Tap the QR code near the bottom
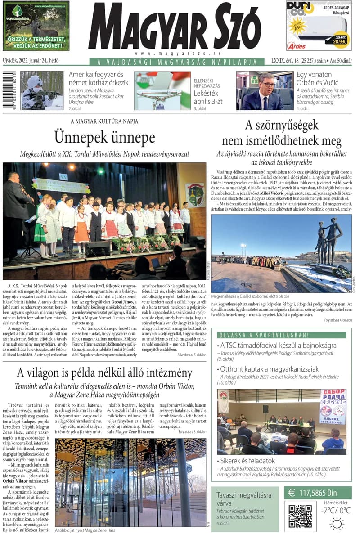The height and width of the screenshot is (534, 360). coord(300,516)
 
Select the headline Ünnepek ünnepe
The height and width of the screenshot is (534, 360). coord(104,137)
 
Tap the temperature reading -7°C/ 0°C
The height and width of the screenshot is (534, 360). coord(336,511)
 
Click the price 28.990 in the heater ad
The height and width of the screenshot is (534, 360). coord(339,40)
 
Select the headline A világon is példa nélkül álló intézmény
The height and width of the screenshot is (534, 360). coord(104,373)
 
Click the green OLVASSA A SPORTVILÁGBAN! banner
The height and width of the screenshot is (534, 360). coord(264,335)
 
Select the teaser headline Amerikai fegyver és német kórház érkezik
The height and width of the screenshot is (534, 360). coord(99,78)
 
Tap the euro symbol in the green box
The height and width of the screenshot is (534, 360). coord(292,493)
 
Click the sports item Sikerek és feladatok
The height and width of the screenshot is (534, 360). coord(247,461)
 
